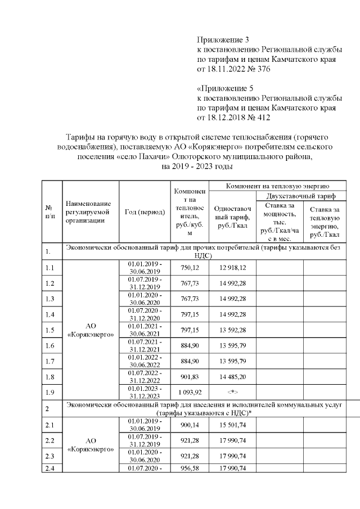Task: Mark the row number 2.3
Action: point(50,460)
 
